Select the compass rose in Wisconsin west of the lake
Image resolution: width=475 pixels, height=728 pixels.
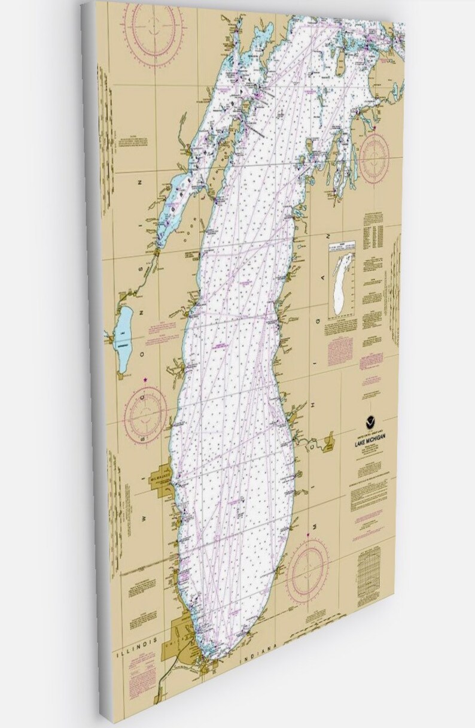144,414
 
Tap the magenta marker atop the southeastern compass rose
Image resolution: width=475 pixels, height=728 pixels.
309,534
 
